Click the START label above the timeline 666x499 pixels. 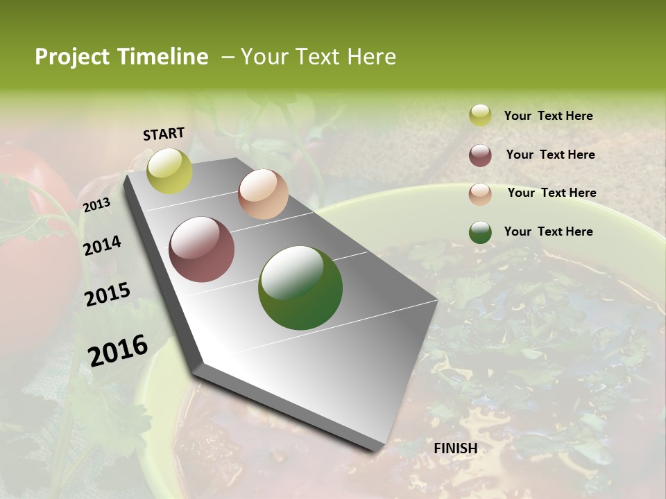(x=164, y=134)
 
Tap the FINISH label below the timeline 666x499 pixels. (x=455, y=448)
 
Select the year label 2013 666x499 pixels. (x=96, y=205)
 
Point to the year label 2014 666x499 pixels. (x=102, y=246)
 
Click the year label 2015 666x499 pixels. (x=107, y=295)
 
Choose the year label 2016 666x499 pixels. (x=118, y=350)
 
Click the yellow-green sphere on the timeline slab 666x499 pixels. (x=170, y=170)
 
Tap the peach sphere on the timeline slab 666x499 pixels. (x=263, y=194)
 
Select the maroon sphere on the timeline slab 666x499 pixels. (x=202, y=249)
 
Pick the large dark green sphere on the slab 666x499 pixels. (x=300, y=288)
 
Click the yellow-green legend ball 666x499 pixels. (x=480, y=116)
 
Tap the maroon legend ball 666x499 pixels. (x=480, y=155)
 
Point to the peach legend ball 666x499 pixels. (x=480, y=194)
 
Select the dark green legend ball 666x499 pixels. (x=480, y=232)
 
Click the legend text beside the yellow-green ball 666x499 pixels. (x=548, y=116)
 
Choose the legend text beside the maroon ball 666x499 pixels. (x=550, y=155)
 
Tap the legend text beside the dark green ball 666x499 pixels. (x=548, y=231)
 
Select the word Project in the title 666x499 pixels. (x=71, y=57)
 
